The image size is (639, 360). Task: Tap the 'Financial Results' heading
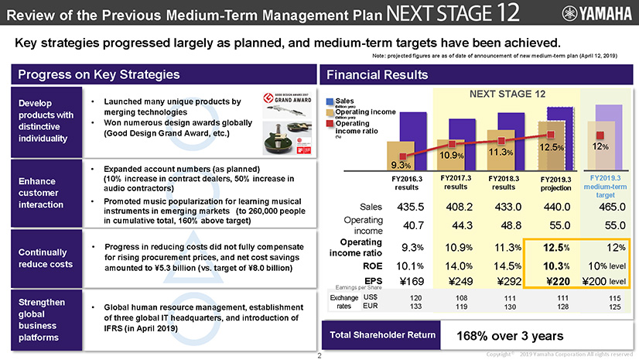click(378, 75)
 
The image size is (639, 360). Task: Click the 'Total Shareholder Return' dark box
click(381, 336)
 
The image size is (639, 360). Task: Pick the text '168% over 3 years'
click(507, 337)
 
